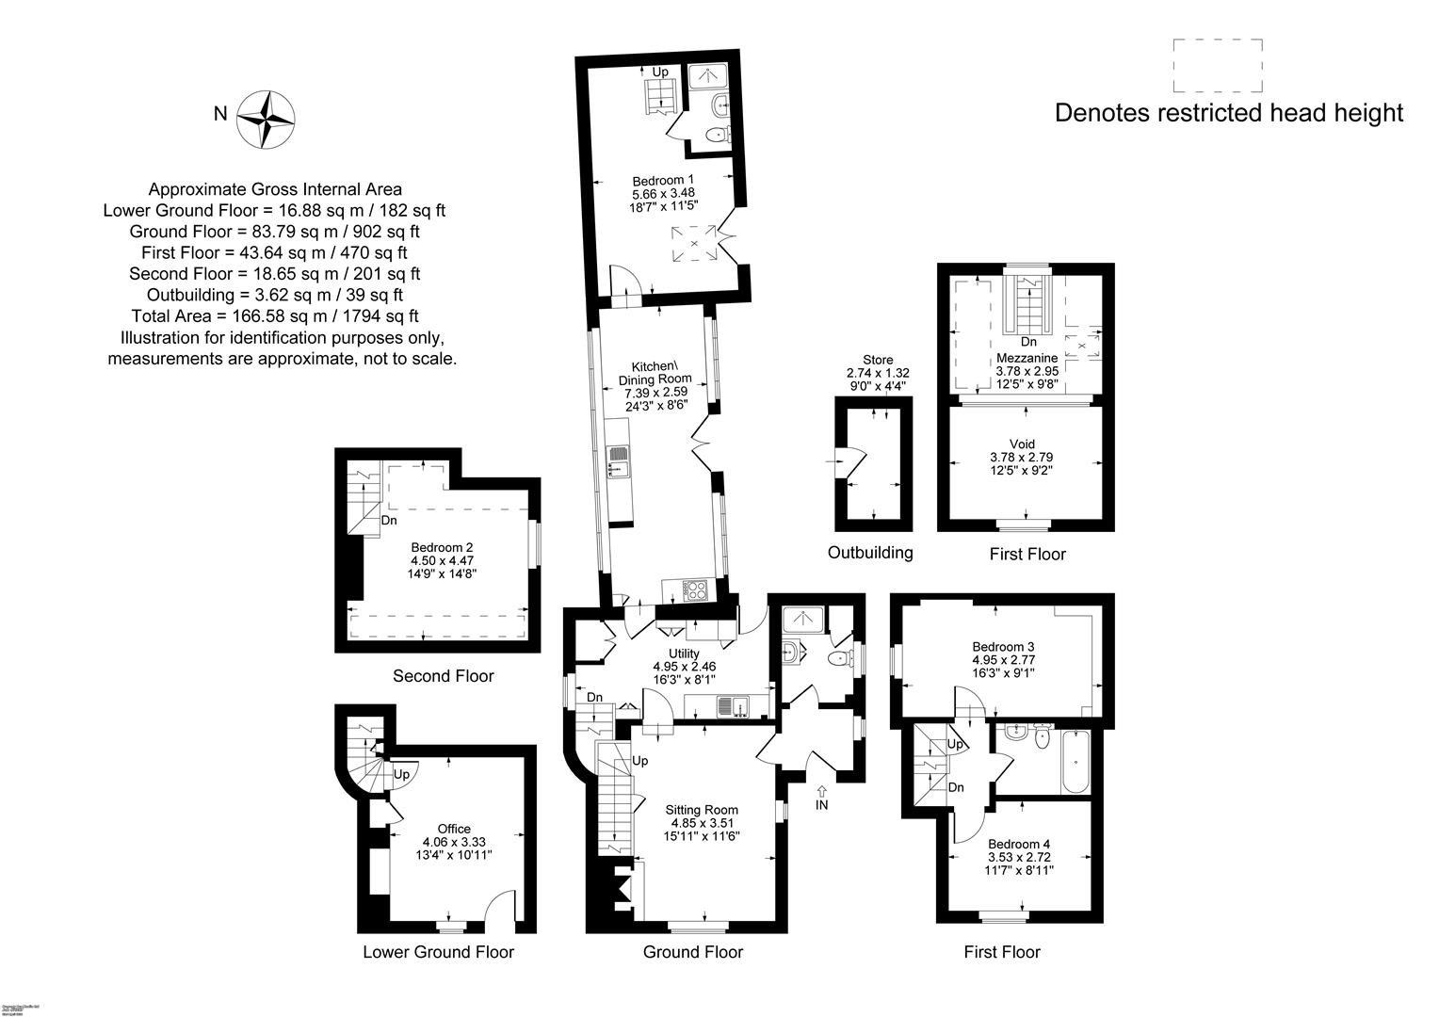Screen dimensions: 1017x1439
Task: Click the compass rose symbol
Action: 266,120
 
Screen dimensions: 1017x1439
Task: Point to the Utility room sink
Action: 731,702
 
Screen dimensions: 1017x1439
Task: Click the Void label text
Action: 1022,444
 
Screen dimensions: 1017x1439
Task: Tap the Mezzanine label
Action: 1027,358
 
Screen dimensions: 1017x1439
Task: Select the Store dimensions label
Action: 878,373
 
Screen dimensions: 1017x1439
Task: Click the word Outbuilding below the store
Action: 870,552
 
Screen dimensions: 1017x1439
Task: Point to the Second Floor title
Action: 443,676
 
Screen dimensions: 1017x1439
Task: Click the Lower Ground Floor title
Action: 438,952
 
